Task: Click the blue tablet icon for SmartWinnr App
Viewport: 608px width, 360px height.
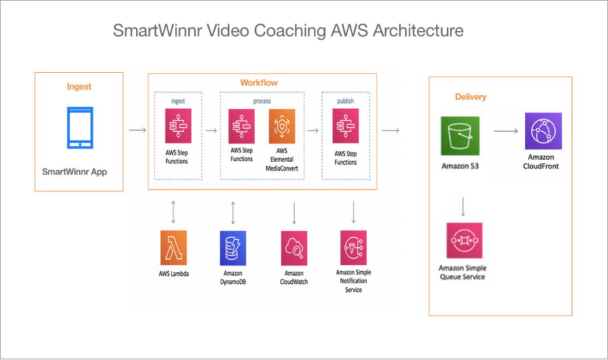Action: (80, 127)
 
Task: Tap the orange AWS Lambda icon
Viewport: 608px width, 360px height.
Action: (173, 247)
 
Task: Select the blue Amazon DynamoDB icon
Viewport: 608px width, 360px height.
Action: (233, 247)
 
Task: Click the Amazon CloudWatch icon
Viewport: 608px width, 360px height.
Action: (294, 247)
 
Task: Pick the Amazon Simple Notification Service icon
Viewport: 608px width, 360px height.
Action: (353, 247)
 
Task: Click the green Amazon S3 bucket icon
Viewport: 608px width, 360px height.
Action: (460, 136)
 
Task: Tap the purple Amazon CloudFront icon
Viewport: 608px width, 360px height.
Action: (543, 131)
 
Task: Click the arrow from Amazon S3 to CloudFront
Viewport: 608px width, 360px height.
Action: (506, 131)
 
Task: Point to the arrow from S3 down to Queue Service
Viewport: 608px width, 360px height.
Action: (463, 206)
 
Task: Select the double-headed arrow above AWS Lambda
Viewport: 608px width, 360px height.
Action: (173, 211)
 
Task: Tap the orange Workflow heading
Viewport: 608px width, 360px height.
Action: (259, 83)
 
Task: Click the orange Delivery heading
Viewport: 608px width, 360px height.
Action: (470, 97)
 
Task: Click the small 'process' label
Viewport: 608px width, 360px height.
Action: (262, 101)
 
